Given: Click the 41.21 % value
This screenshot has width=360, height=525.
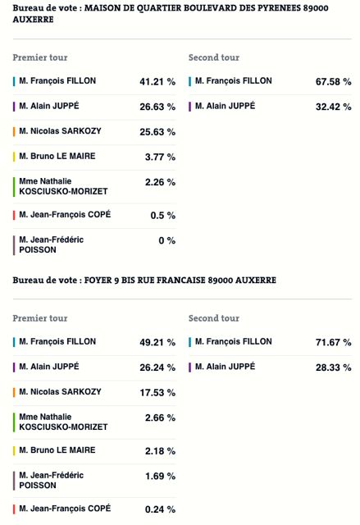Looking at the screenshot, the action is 157,82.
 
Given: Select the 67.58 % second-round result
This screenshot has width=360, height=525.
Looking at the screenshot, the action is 334,82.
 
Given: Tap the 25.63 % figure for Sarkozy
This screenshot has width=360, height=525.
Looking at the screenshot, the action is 157,132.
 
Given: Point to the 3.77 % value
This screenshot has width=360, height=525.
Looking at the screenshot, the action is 160,157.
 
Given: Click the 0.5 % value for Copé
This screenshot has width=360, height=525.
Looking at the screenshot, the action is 163,215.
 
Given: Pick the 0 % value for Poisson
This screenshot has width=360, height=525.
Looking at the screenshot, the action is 167,240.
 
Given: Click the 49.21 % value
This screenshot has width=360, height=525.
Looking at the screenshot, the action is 157,343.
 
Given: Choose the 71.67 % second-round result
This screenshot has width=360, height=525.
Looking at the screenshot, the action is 334,343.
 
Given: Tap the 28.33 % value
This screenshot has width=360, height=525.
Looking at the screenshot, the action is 334,367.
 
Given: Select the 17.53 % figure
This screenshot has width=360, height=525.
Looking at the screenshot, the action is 157,392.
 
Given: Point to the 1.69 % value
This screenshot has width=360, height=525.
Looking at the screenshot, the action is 160,476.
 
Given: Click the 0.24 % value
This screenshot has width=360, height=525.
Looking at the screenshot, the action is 160,509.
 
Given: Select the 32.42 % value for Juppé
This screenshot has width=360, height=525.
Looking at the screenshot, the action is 334,107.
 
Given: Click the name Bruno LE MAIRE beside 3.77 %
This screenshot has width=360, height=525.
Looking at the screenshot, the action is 63,156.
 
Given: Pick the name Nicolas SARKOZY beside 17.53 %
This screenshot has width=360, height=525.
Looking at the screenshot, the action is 66,392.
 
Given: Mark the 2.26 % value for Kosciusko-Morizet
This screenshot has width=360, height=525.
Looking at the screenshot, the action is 160,182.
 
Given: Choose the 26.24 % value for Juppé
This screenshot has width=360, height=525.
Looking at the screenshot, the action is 157,367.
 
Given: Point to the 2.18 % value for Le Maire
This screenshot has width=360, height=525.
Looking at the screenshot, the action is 160,451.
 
